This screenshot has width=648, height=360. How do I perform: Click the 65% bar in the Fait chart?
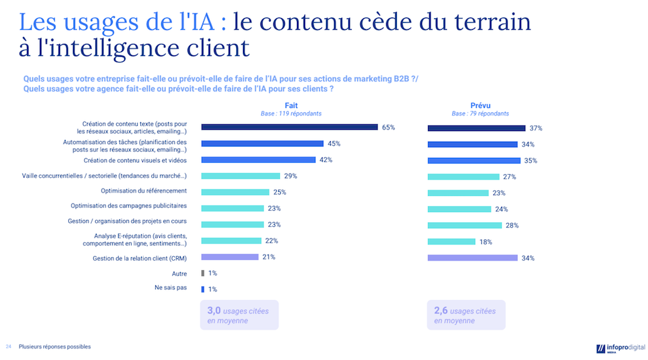click(x=289, y=127)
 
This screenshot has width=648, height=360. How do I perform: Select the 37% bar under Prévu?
click(x=476, y=128)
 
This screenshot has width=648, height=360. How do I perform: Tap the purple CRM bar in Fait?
click(x=230, y=257)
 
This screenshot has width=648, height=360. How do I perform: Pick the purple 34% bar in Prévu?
click(x=473, y=257)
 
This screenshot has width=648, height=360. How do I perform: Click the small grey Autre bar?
click(x=202, y=273)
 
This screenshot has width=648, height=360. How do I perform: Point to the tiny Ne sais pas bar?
click(x=202, y=289)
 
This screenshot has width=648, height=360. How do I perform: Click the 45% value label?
click(x=333, y=144)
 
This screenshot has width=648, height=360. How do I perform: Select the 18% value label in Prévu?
click(x=485, y=242)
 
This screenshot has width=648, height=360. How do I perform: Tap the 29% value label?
click(x=290, y=176)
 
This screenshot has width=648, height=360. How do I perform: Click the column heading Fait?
click(x=291, y=105)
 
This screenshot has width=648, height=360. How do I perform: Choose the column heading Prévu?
click(x=480, y=105)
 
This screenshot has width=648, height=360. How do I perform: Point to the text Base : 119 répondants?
click(x=291, y=113)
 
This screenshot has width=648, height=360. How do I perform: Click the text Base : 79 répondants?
click(x=480, y=113)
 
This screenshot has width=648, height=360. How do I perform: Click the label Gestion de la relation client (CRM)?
click(x=140, y=258)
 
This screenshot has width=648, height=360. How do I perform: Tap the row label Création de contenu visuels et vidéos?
click(x=135, y=161)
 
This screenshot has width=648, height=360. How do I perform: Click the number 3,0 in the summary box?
click(x=213, y=311)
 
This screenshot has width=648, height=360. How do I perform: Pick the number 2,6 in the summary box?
click(x=440, y=311)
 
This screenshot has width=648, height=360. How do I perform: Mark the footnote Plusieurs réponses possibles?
click(x=55, y=346)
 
